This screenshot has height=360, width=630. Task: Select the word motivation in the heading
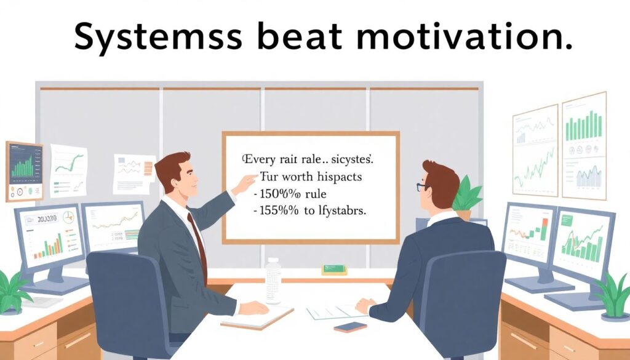click(x=464, y=38)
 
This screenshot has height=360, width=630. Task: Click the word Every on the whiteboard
click(x=260, y=159)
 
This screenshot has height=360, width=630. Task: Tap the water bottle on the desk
click(x=273, y=280)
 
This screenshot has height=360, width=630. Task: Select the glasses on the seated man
click(x=421, y=186)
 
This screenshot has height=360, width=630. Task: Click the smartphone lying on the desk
click(x=350, y=326)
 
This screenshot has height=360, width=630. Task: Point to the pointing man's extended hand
click(x=245, y=183)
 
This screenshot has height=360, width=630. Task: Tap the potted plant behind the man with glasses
click(x=468, y=196)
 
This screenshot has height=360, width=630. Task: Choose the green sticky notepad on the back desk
click(x=334, y=270)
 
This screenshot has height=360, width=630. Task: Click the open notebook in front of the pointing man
click(x=257, y=317)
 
